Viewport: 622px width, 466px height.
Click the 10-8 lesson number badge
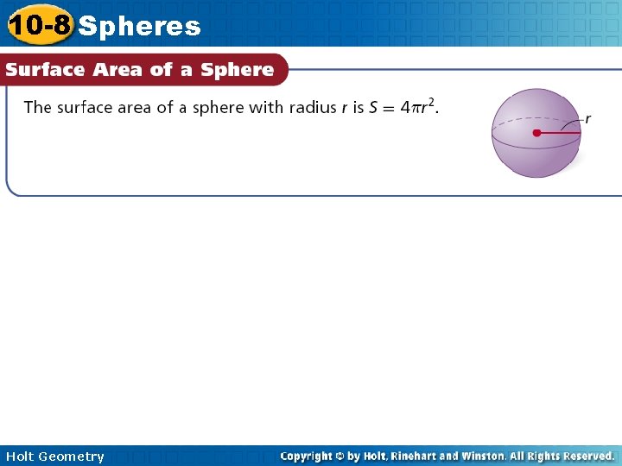(x=39, y=26)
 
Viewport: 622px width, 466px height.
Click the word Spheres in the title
(x=139, y=27)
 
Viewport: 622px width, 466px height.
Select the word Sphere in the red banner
(x=237, y=70)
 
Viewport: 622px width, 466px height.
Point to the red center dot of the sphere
(x=536, y=134)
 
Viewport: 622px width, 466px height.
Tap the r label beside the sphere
(x=588, y=119)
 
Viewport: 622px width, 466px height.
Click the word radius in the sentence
(x=314, y=108)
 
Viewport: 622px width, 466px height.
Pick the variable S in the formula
(x=373, y=108)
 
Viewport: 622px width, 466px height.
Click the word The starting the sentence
(x=37, y=108)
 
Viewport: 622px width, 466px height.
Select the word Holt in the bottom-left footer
(x=19, y=457)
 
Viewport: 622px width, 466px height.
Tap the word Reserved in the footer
(x=586, y=456)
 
